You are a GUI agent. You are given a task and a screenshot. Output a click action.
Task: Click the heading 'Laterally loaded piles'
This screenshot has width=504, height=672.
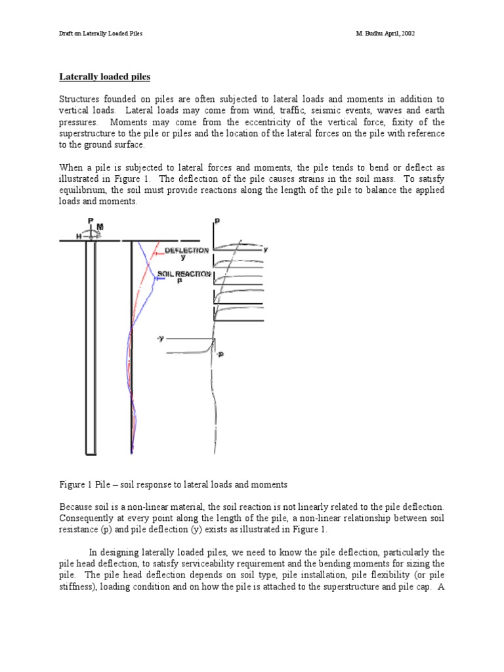105,77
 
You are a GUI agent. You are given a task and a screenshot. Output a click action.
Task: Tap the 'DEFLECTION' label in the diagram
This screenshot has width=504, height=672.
186,251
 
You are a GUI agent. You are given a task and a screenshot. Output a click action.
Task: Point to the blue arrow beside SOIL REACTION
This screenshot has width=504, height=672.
158,278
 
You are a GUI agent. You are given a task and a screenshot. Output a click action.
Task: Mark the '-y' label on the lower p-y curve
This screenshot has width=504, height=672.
160,338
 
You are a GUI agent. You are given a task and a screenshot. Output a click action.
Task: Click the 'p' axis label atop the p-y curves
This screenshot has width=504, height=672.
217,222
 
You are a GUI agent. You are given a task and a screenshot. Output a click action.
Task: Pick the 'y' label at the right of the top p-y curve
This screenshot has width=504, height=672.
266,249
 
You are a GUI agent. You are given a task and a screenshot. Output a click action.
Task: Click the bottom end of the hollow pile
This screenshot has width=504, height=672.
91,453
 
